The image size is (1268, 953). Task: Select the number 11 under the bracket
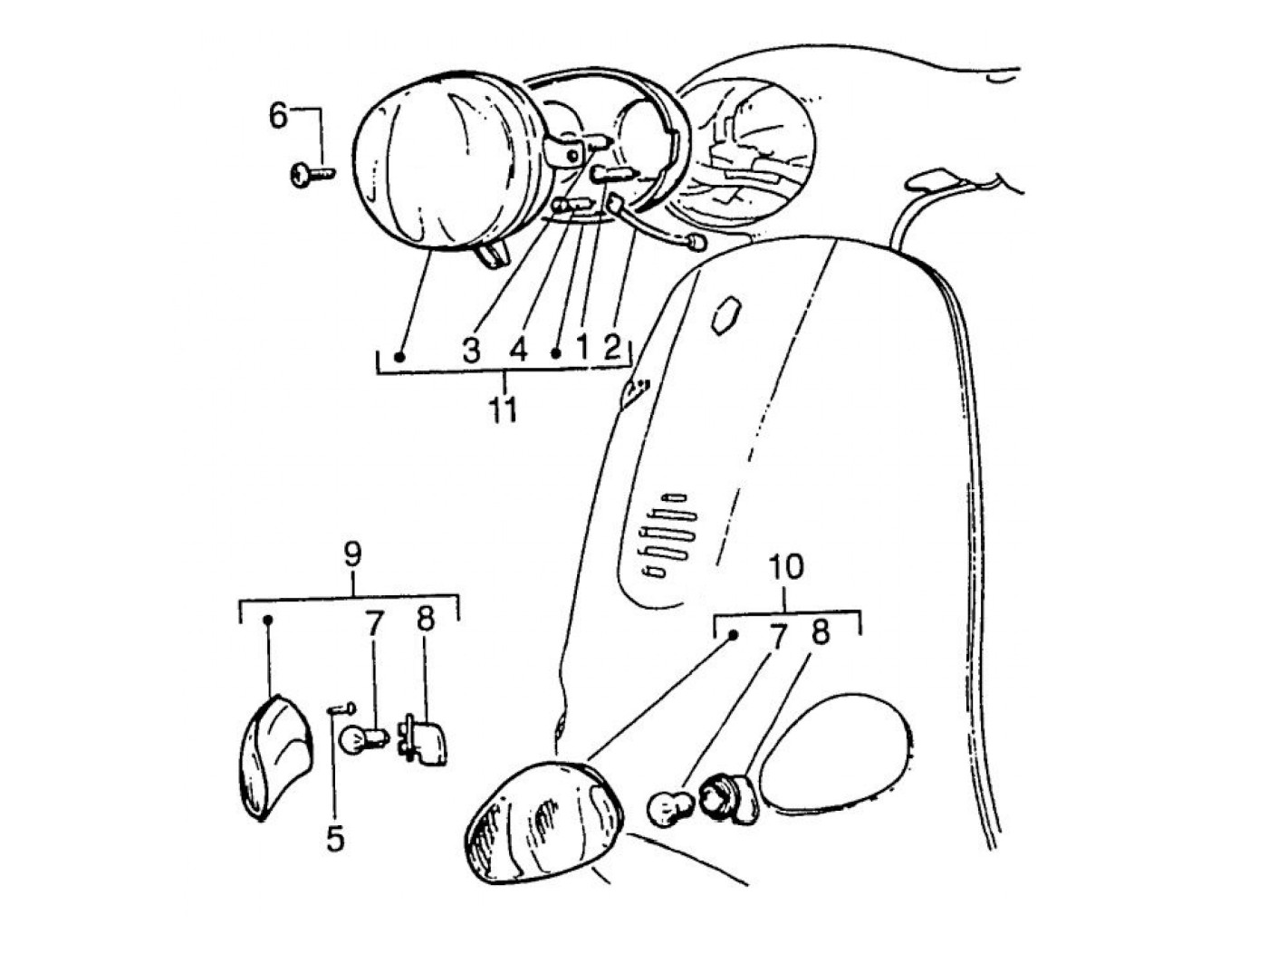[x=504, y=409]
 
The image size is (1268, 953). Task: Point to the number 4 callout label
[x=518, y=350]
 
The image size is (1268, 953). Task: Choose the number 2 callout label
[x=612, y=346]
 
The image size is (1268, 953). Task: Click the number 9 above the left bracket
[x=352, y=553]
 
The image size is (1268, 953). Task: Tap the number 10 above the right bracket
[x=785, y=568]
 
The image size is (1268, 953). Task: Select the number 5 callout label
[x=335, y=839]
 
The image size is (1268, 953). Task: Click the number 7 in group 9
[x=375, y=623]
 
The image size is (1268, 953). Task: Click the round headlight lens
[x=444, y=168]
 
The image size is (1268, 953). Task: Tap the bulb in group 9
[x=360, y=738]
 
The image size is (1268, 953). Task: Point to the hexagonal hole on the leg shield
[x=727, y=313]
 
